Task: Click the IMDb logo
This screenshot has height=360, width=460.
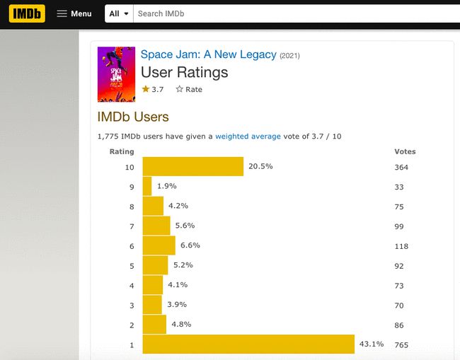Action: [27, 13]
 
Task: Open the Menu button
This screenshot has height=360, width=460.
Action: [74, 13]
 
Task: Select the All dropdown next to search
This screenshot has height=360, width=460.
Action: [119, 13]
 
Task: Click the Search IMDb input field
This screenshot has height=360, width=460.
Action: [283, 13]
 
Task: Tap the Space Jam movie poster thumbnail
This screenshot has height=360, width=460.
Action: [115, 74]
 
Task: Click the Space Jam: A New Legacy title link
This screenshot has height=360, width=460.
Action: [208, 54]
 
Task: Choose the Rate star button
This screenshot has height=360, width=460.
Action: [189, 89]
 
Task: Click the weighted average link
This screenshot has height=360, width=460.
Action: [248, 136]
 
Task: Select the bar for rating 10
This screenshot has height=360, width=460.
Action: [192, 167]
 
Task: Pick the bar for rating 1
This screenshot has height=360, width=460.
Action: [248, 344]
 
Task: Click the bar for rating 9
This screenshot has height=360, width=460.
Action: [147, 186]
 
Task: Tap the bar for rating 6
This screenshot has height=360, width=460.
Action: [159, 245]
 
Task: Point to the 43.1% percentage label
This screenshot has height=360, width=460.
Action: [372, 344]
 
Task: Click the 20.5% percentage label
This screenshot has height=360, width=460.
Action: [260, 167]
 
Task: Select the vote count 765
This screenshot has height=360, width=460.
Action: [401, 345]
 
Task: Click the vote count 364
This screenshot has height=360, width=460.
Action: [401, 168]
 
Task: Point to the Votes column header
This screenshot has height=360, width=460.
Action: [405, 151]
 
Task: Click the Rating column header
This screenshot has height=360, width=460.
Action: [121, 151]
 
